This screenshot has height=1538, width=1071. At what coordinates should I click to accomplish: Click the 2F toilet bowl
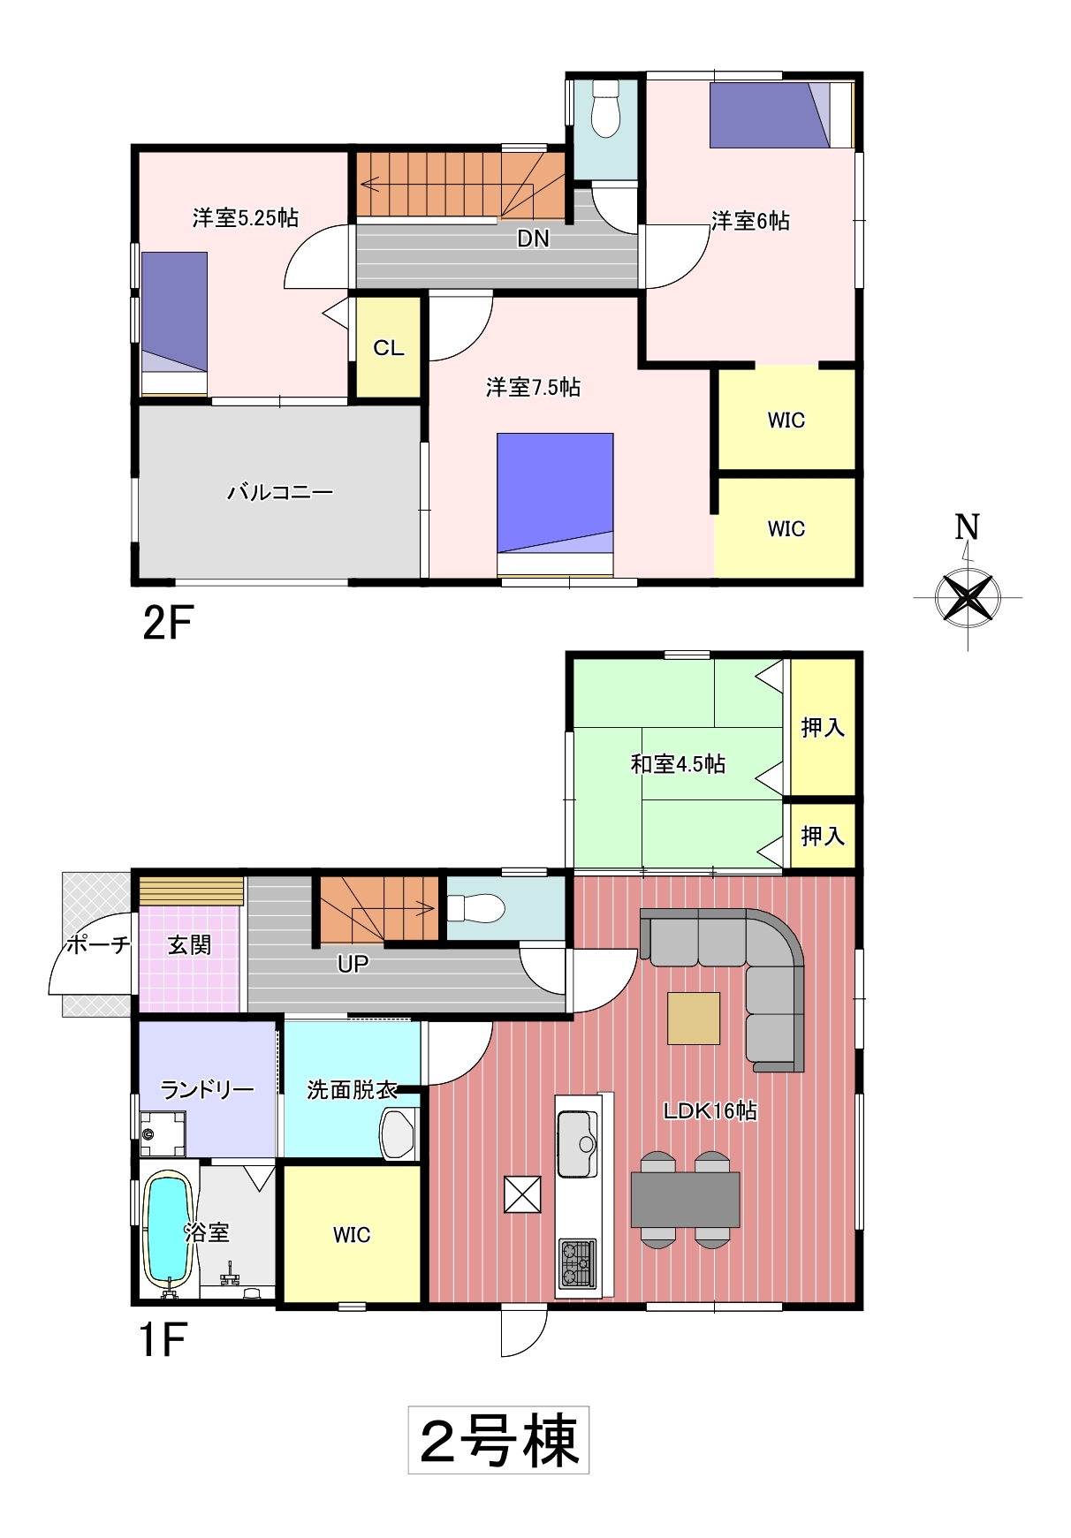pos(605,109)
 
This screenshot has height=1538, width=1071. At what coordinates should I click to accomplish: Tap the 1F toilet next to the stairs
pos(475,908)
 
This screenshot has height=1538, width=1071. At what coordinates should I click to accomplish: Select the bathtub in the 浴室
pos(168,1228)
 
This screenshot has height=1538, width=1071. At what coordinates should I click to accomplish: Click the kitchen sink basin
pos(578,1144)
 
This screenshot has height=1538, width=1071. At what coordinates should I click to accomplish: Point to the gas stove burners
pos(577,1263)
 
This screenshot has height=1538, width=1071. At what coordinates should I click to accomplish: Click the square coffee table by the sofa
pos(694,1019)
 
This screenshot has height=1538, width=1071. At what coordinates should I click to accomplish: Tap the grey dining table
pos(685,1200)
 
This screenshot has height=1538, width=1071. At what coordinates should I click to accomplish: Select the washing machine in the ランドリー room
pos(163,1134)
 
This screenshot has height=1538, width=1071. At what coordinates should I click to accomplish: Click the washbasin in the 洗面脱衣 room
pos(398,1134)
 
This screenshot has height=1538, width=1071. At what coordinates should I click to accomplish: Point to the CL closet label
pos(389,348)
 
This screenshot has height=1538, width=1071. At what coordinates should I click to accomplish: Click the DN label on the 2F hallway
pos(533,239)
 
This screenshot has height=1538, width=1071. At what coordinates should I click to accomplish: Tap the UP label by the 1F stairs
pos(353,964)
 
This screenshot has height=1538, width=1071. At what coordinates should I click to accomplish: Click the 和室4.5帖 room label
pos(678,764)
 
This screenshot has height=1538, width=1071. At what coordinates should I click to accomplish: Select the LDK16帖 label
pos(710,1110)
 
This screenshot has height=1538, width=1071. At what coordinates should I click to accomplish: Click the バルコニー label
pos(280,492)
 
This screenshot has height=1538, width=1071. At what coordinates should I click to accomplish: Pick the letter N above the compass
pos(967,527)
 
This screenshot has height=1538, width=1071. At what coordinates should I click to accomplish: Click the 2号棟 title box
pos(498,1441)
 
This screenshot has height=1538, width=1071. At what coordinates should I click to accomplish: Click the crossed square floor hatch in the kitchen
pos(522,1194)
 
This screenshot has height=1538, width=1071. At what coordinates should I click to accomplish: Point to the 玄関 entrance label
pos(189,945)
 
